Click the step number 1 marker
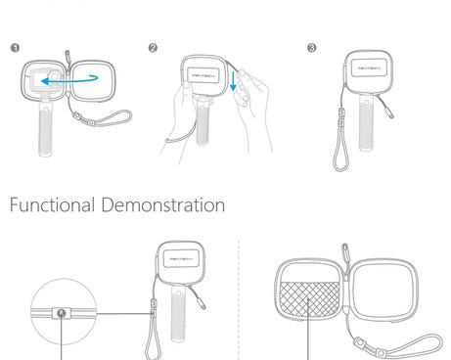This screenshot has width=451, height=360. pyautogui.click(x=15, y=48)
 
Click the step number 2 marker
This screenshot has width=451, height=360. pyautogui.click(x=153, y=48)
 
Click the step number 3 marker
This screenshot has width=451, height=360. pyautogui.click(x=312, y=48)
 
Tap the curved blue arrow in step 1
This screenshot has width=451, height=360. pyautogui.click(x=69, y=79)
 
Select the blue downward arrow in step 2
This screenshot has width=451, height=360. pyautogui.click(x=233, y=81)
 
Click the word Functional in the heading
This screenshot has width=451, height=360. pyautogui.click(x=52, y=205)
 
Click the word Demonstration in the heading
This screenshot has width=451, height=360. pyautogui.click(x=163, y=205)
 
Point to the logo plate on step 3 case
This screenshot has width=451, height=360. pyautogui.click(x=369, y=67)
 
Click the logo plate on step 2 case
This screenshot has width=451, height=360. pyautogui.click(x=203, y=75)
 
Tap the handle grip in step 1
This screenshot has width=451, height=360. pyautogui.click(x=45, y=129)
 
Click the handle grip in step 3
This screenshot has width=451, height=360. pyautogui.click(x=367, y=123)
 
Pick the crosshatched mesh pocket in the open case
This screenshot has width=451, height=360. pyautogui.click(x=309, y=299)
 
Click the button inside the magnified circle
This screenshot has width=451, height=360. pyautogui.click(x=62, y=313)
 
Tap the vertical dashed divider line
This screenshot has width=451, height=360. pyautogui.click(x=239, y=300)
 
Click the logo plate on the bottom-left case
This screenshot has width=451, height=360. pyautogui.click(x=181, y=258)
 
